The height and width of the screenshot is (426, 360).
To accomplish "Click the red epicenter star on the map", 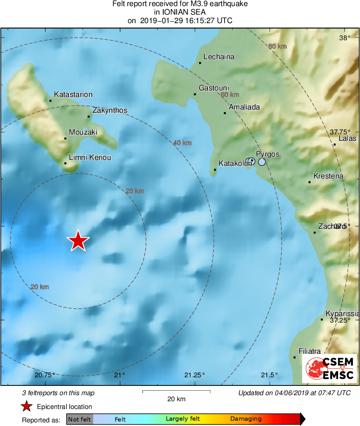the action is coord(78,241).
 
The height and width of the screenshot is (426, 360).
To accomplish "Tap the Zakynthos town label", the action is coord(109,110).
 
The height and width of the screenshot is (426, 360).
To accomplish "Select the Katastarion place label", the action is coord(73,95).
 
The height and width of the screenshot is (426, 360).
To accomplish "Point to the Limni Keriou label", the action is coord(90,157).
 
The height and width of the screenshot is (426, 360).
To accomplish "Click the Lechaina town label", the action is coord(219,57).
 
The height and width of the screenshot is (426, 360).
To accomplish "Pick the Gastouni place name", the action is coord(214,88).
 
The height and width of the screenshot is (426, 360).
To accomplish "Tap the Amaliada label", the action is coord(244,108).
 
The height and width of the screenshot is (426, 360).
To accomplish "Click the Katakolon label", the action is coord(232,164).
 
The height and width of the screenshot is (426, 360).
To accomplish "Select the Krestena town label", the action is coord(328,176).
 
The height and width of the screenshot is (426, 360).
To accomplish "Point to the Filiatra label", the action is coord(309,351).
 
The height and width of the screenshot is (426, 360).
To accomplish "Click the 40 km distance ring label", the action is coord(182,143).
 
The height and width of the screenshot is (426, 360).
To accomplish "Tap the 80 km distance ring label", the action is coord(277,46).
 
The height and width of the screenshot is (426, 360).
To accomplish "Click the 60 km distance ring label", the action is coord(230,95).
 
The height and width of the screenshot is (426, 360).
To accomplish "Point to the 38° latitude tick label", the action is coord(344,38).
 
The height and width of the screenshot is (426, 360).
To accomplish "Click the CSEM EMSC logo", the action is coord(329,368).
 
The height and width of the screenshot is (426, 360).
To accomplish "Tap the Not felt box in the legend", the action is coord(79,419).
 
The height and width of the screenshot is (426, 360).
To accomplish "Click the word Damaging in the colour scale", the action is coord(246,419).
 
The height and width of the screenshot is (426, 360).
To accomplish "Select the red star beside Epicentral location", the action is coord(27,407).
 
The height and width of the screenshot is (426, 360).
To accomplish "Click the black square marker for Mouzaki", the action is coord(65,138).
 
